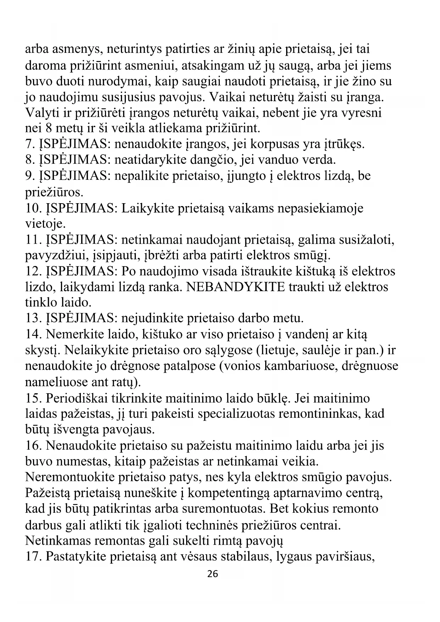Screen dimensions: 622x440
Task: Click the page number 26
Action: tap(212, 573)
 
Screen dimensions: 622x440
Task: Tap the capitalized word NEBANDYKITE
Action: tap(235, 287)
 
